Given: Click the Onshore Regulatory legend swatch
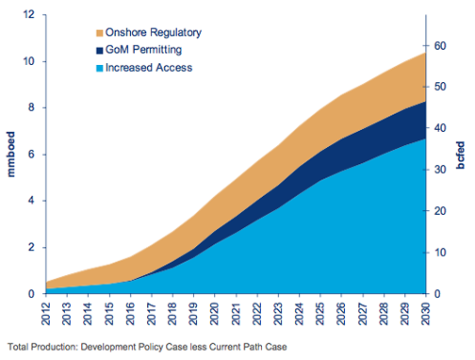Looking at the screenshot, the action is tap(100, 33).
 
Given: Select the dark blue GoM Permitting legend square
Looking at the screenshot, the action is tap(100, 51).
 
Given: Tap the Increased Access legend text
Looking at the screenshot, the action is tap(149, 68).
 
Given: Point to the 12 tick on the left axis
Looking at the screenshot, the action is tap(29, 14).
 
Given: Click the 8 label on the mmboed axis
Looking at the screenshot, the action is tap(31, 107).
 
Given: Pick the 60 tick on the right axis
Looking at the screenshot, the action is tap(440, 46).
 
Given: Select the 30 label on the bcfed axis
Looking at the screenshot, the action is tap(440, 170).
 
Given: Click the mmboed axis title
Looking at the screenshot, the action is tap(10, 155).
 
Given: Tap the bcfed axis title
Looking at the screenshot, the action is tap(460, 155).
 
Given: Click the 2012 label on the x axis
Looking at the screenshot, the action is tap(46, 314).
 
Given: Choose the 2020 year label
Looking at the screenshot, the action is tap(215, 314).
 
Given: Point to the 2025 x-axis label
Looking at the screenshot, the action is tap(320, 314).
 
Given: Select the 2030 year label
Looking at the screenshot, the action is tap(425, 314).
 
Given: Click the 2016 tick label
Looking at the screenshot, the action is tap(130, 314).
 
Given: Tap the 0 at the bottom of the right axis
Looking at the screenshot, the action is tap(437, 294).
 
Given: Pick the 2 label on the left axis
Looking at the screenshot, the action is tap(31, 247).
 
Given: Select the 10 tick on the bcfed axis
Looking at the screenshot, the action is tap(440, 253).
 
